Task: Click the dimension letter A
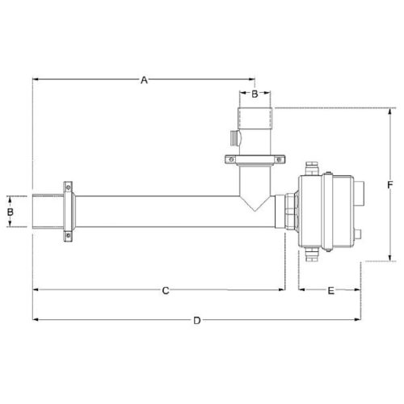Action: coord(144,79)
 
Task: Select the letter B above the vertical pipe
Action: coord(255,95)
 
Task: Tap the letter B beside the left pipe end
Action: coord(11,212)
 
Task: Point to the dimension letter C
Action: coord(164,288)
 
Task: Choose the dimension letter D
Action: coord(196,321)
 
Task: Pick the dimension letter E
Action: coord(331,288)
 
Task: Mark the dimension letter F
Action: coord(390,185)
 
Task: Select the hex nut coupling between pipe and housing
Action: coord(289,212)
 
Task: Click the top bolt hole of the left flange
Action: coord(69,186)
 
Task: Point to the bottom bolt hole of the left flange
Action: coord(69,236)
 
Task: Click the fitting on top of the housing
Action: coord(314,168)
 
